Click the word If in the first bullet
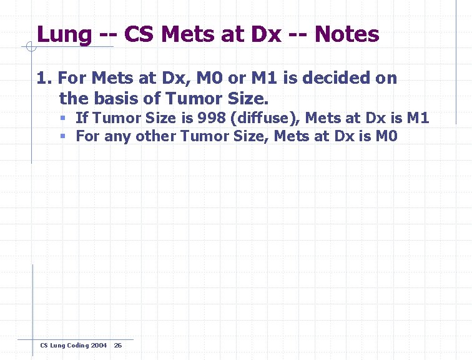pyautogui.click(x=82, y=117)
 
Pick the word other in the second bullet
pyautogui.click(x=156, y=136)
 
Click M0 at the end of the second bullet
pyautogui.click(x=386, y=136)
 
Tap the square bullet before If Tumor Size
pyautogui.click(x=64, y=118)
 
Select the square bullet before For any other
pyautogui.click(x=64, y=136)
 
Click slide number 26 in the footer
pyautogui.click(x=118, y=346)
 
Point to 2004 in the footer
pyautogui.click(x=99, y=346)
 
